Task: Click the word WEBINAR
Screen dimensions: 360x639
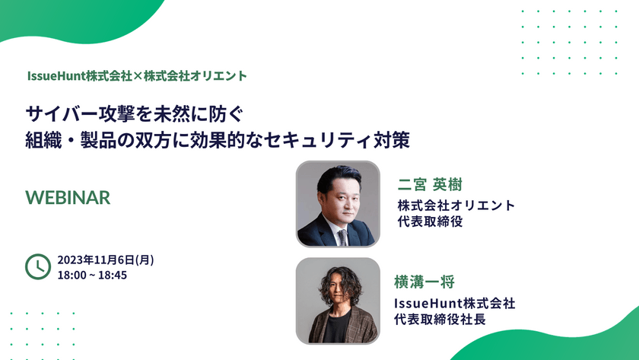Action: (68, 197)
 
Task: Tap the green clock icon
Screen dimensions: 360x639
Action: (38, 266)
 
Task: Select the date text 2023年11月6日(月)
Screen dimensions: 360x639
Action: (106, 260)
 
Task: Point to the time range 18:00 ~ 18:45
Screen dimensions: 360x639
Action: (92, 275)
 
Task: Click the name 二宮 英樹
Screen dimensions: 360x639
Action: (431, 185)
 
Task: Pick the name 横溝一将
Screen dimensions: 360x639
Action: (424, 283)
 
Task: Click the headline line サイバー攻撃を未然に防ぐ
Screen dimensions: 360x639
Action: (135, 115)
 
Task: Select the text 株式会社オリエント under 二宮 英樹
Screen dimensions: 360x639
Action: (456, 205)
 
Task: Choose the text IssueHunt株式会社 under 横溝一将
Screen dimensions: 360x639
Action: (454, 303)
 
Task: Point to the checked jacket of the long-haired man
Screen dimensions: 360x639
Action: (365, 323)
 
